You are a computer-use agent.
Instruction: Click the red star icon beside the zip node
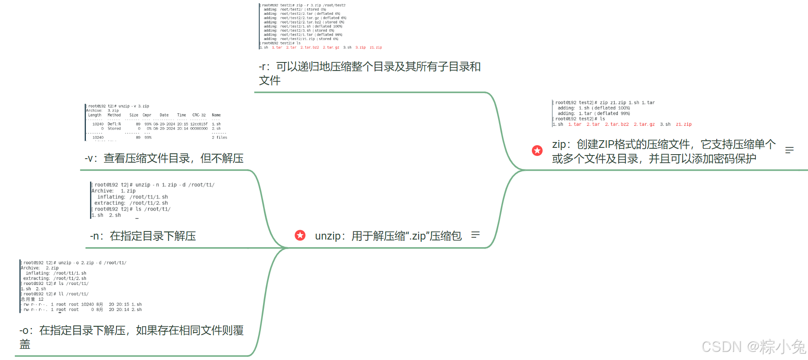[537, 151]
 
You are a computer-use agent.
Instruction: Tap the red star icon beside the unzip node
[300, 235]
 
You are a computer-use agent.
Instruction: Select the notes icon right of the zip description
[789, 150]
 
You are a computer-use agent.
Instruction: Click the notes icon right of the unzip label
[475, 235]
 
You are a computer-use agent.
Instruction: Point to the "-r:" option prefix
[264, 67]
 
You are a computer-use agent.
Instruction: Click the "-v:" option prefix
[91, 159]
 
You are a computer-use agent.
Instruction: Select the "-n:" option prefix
[97, 236]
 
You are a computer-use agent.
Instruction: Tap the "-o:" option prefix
[26, 331]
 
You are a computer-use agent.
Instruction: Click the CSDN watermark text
[753, 347]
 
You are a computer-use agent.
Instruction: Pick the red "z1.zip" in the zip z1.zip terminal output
[683, 124]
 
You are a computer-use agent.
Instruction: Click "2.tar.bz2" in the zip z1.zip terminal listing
[616, 124]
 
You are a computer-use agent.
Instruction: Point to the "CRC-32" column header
[199, 115]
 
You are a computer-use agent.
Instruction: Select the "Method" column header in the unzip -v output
[114, 115]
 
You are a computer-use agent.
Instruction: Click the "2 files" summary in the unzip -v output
[219, 138]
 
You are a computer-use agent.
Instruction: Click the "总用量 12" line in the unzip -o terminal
[32, 299]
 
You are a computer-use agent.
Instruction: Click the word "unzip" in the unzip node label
[327, 236]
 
